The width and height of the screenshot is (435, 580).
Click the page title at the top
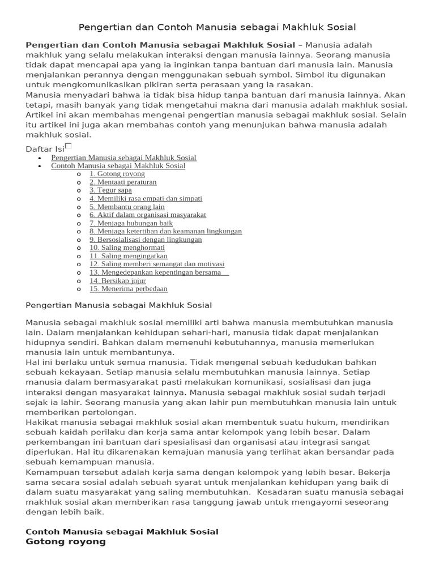[217, 27]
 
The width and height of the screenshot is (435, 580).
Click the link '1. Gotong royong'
[117, 174]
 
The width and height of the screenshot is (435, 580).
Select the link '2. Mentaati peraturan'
[123, 182]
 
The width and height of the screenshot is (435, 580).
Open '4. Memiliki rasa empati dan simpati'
[146, 199]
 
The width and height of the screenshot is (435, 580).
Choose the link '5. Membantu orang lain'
[127, 207]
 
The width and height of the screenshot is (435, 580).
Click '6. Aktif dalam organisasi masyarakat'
[148, 215]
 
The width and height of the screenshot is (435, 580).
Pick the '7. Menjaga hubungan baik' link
[131, 223]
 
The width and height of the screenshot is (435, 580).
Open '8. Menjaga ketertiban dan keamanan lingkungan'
[165, 231]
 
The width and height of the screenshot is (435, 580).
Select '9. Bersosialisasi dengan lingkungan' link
[146, 240]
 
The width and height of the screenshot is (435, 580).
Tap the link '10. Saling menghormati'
[127, 248]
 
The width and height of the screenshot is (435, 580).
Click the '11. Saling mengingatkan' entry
[129, 256]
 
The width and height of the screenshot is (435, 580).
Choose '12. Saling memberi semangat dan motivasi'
[157, 264]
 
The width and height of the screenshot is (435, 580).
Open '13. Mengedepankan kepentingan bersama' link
[158, 272]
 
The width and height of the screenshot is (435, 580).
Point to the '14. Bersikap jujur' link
[118, 280]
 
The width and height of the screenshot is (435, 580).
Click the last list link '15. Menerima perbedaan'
[129, 289]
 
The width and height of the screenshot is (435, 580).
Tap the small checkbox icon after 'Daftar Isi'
[69, 146]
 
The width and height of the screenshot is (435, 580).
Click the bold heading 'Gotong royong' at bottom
[66, 541]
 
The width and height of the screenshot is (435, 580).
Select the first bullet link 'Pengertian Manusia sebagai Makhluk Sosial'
[123, 157]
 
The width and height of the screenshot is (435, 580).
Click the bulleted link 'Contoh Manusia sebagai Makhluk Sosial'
[118, 166]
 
